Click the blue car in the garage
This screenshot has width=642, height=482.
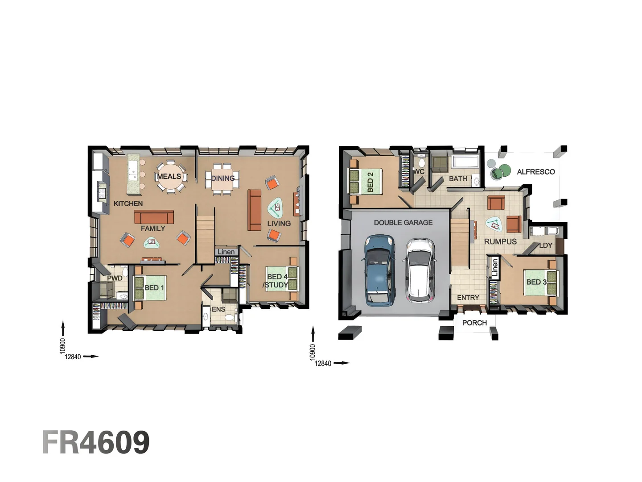(380, 270)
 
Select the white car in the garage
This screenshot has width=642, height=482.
(420, 270)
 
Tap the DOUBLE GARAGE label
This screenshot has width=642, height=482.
(403, 222)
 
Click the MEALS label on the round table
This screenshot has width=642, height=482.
(169, 176)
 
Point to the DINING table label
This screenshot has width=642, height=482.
(222, 178)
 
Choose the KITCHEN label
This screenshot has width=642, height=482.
(128, 204)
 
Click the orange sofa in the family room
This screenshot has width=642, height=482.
(154, 217)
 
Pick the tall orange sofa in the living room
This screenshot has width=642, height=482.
(255, 210)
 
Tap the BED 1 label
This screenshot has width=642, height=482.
(154, 288)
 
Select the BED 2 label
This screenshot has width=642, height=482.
(370, 182)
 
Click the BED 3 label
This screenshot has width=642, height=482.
(536, 282)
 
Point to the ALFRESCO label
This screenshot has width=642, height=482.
(536, 172)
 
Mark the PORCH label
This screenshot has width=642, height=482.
(474, 323)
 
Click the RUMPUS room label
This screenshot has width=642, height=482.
(500, 241)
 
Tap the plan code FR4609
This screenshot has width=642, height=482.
(96, 443)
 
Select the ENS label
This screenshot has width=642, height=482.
(218, 309)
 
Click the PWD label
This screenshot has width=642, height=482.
(115, 278)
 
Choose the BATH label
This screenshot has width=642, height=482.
(458, 179)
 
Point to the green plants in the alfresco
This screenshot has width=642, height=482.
(500, 172)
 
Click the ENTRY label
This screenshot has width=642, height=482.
(468, 298)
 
